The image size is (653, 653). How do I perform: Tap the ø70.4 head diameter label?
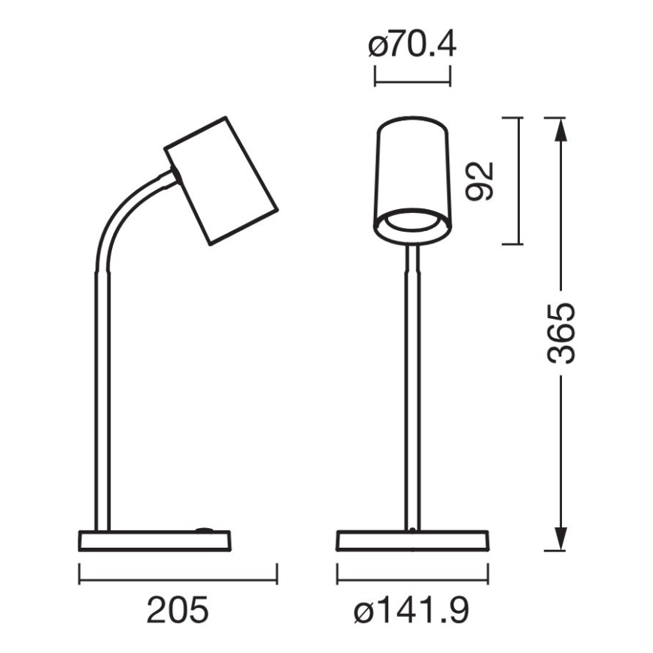412,47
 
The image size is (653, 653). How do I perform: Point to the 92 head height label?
479,181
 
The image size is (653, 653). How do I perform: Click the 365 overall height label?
560,333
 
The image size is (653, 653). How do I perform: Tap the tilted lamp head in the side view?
221,181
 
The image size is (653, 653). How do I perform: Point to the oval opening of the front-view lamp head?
412,224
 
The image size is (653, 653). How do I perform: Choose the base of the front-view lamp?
413,542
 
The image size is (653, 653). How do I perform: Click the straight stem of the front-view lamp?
412,391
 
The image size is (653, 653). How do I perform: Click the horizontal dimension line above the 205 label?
178,581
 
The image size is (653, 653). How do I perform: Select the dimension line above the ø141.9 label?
413,581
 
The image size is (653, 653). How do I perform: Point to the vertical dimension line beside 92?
520,181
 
